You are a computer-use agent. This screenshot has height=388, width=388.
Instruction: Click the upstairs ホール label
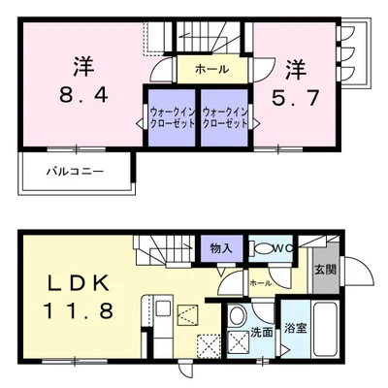pos(211,69)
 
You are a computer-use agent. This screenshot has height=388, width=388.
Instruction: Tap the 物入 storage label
pos(221,248)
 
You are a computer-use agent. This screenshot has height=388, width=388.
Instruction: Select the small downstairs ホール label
pos(259,282)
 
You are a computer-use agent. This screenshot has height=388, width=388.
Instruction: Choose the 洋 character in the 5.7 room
pos(295,70)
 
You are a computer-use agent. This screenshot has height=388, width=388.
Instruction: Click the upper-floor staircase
pos(208,37)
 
